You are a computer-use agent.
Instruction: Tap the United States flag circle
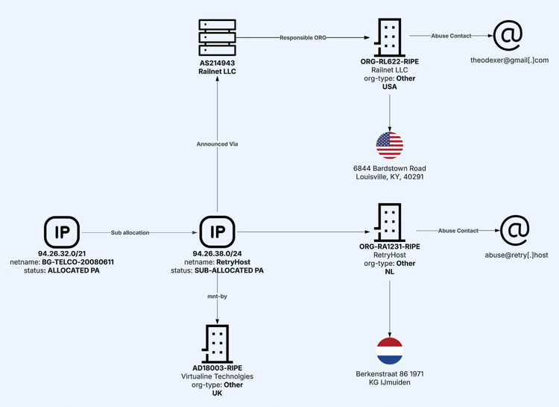[390, 145]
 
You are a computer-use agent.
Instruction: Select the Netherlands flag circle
[390, 349]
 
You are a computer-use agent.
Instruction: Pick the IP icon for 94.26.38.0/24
[217, 232]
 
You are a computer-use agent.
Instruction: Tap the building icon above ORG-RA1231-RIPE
[390, 223]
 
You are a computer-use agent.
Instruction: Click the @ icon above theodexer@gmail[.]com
[508, 35]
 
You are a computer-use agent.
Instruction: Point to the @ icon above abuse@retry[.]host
[514, 231]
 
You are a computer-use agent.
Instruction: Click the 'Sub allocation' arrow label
[130, 232]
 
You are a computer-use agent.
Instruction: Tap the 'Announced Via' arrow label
[217, 143]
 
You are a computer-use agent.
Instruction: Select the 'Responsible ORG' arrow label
[303, 37]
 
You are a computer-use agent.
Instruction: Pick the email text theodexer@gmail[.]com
[509, 60]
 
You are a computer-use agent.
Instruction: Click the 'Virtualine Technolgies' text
[218, 376]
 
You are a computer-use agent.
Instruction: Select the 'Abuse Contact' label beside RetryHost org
[458, 231]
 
